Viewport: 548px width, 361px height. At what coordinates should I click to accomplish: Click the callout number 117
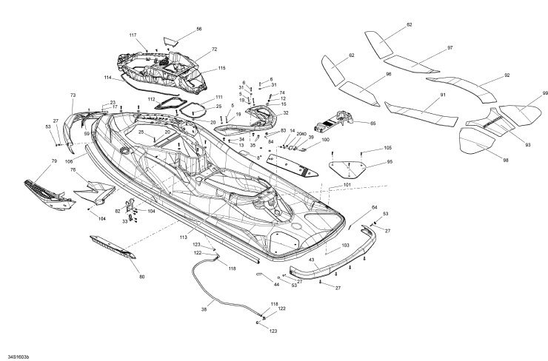(133, 36)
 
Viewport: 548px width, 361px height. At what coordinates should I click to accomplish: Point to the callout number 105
(388, 149)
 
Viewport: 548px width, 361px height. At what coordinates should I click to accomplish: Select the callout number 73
(73, 95)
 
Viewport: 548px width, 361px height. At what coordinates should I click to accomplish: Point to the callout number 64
(374, 208)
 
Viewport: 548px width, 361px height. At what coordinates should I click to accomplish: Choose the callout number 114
(108, 78)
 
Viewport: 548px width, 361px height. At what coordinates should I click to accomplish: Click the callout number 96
(388, 75)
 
